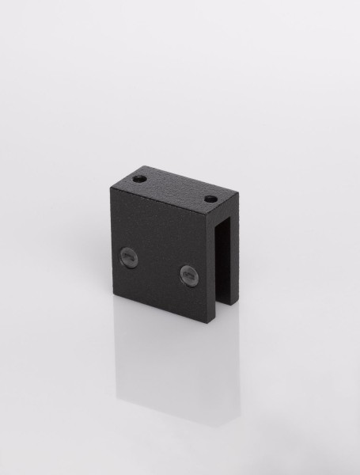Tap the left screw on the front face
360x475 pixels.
pos(127,255)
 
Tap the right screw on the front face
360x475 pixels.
pos(188,275)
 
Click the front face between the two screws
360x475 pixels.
pos(157,264)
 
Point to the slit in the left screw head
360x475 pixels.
pos(127,255)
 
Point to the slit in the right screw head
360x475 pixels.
pos(188,275)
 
